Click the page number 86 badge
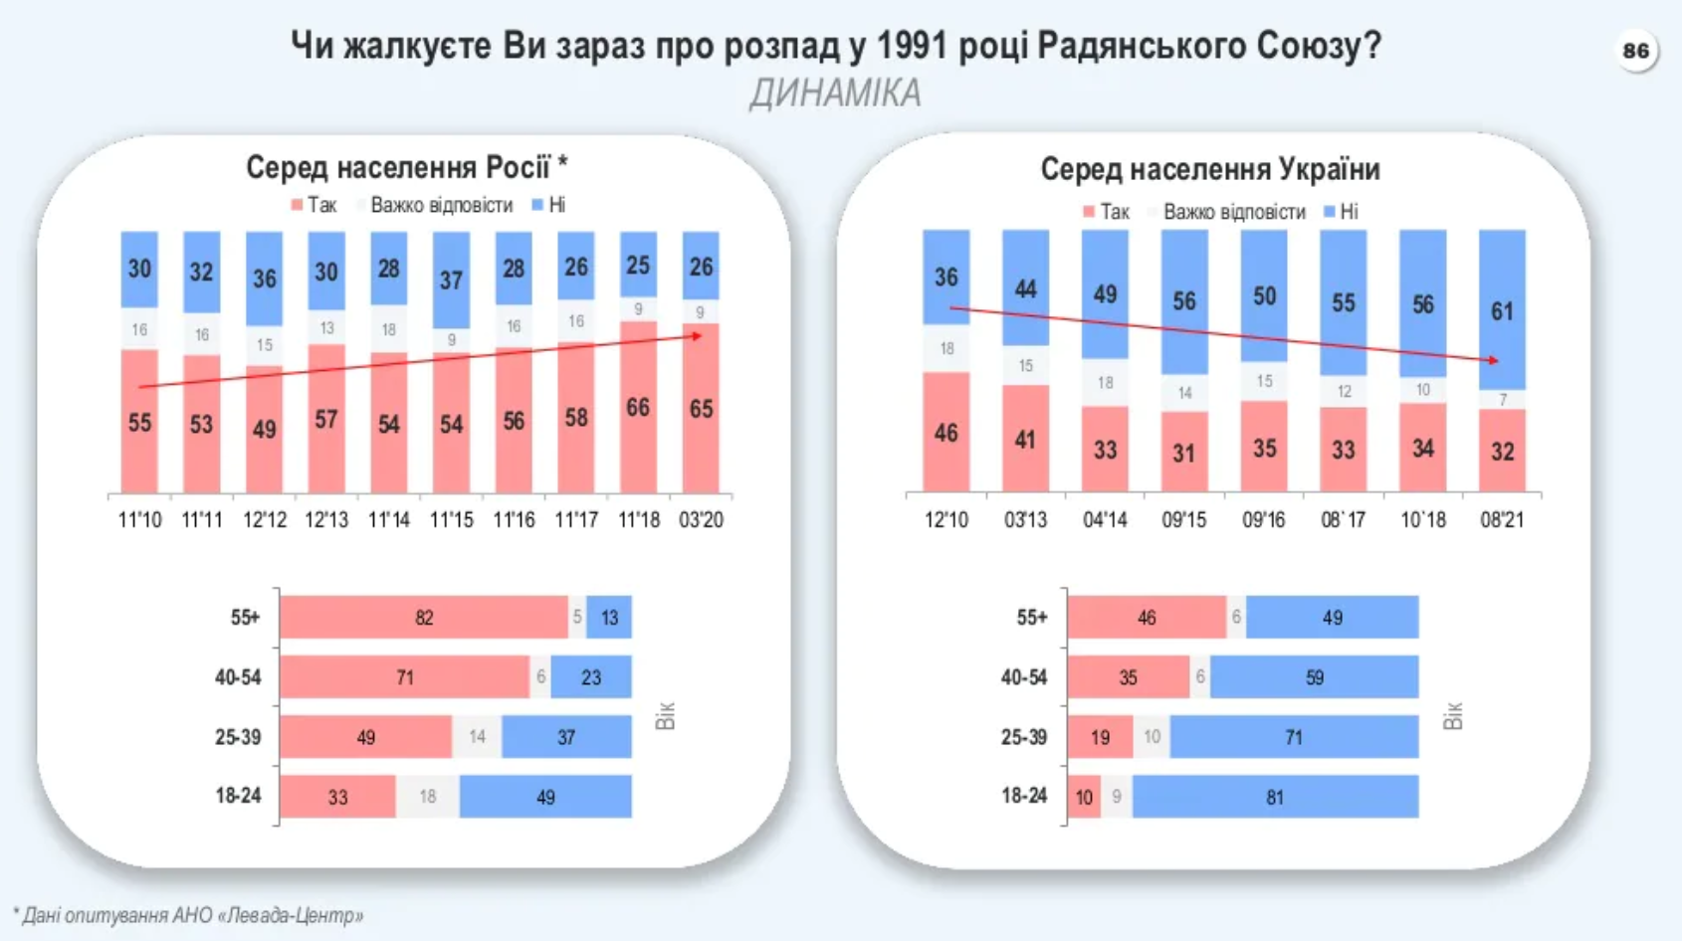[x=1635, y=51]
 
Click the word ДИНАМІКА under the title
[x=835, y=94]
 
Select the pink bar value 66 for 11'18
[x=638, y=408]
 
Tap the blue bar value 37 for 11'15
[x=452, y=281]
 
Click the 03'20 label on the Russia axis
[x=701, y=519]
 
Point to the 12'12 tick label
[x=265, y=519]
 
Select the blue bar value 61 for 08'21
[x=1502, y=311]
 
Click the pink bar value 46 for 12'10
[x=946, y=433]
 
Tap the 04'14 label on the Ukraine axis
[x=1105, y=519]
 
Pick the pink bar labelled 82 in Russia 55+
[x=424, y=618]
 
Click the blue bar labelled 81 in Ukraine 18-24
[x=1275, y=797]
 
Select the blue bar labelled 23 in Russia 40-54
[x=591, y=677]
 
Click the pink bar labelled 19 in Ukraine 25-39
[x=1100, y=737]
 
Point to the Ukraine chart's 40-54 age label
[x=1024, y=677]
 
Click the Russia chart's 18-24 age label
[x=238, y=796]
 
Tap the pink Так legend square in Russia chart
[x=297, y=205]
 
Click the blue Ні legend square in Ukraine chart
[x=1330, y=212]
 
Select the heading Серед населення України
[x=1210, y=170]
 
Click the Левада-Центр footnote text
[x=189, y=915]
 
